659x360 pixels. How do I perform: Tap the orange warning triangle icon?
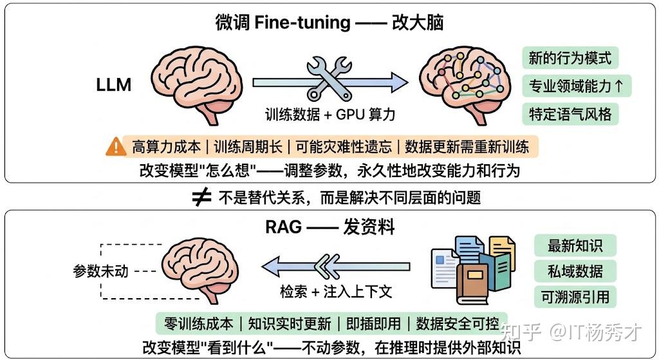[116, 147]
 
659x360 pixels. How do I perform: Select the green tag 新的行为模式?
[570, 59]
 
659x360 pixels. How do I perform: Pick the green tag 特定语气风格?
[570, 114]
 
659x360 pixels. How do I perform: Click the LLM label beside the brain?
[114, 84]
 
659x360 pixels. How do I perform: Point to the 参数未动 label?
[101, 271]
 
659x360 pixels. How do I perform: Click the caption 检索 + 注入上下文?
[336, 291]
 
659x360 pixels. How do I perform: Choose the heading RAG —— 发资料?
[329, 227]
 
